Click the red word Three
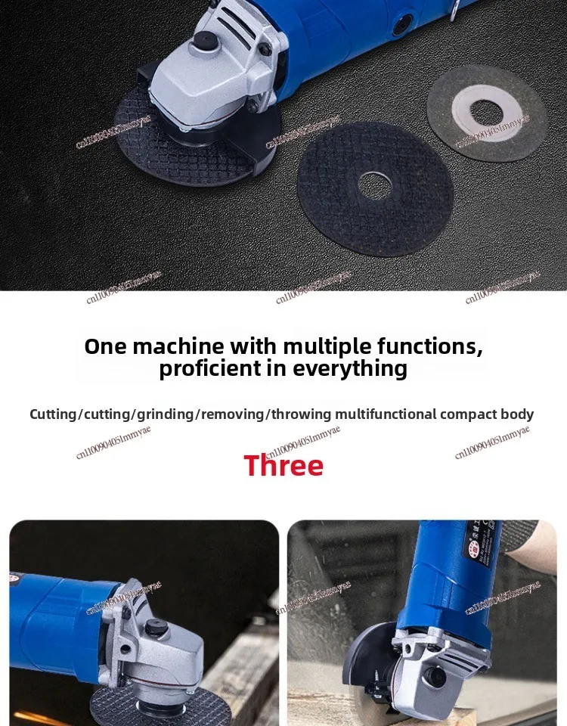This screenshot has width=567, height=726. coord(283,466)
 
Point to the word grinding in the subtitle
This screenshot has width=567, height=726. coord(160,414)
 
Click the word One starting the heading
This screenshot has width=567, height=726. coord(105,346)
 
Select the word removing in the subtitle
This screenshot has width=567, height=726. coord(229,414)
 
